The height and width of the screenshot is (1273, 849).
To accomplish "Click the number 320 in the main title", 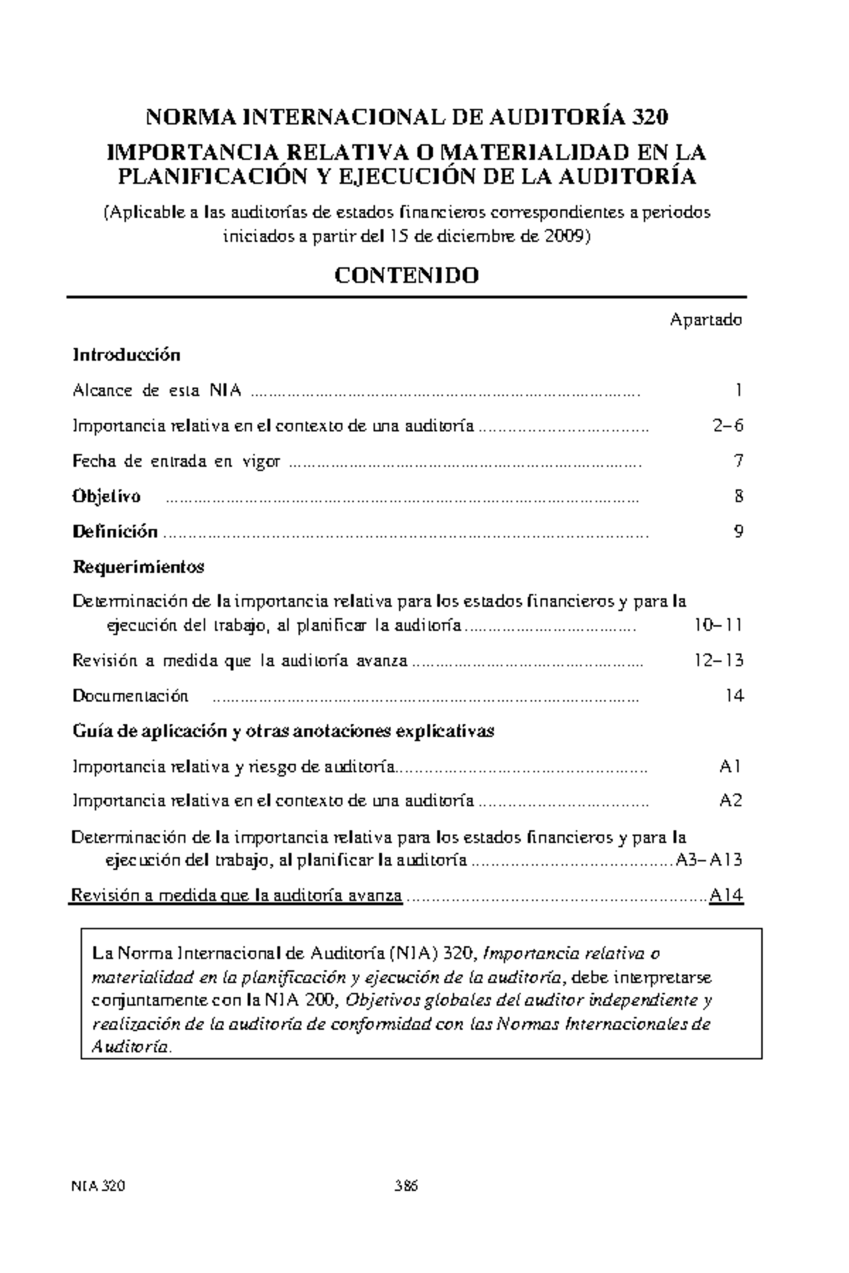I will [x=650, y=117].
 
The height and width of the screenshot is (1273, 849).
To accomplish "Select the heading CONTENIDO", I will [x=407, y=276].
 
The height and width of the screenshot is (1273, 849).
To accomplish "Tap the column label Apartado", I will [x=705, y=320].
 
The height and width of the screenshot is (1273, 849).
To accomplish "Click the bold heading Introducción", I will [x=126, y=355].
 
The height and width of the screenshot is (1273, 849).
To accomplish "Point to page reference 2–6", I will [x=727, y=426].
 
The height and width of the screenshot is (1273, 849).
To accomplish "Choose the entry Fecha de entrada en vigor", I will [x=176, y=462].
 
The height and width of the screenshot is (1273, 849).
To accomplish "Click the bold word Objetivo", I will [x=106, y=496].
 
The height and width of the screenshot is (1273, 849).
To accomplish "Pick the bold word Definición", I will [x=115, y=532].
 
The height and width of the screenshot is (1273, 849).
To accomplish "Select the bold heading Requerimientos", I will [x=138, y=567].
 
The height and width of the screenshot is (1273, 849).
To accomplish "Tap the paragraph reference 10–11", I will [x=717, y=626].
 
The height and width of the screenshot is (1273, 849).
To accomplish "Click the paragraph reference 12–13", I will [x=717, y=661].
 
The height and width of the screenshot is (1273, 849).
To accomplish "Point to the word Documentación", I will [x=130, y=696].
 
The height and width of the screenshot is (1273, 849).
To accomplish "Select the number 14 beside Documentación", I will [x=734, y=696].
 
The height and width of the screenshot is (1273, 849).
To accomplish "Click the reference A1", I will [x=730, y=766].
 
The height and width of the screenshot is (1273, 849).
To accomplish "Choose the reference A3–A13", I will [x=707, y=860].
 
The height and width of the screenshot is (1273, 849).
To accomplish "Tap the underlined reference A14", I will [x=726, y=896].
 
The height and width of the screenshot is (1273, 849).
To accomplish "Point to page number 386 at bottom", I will [x=407, y=1187].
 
